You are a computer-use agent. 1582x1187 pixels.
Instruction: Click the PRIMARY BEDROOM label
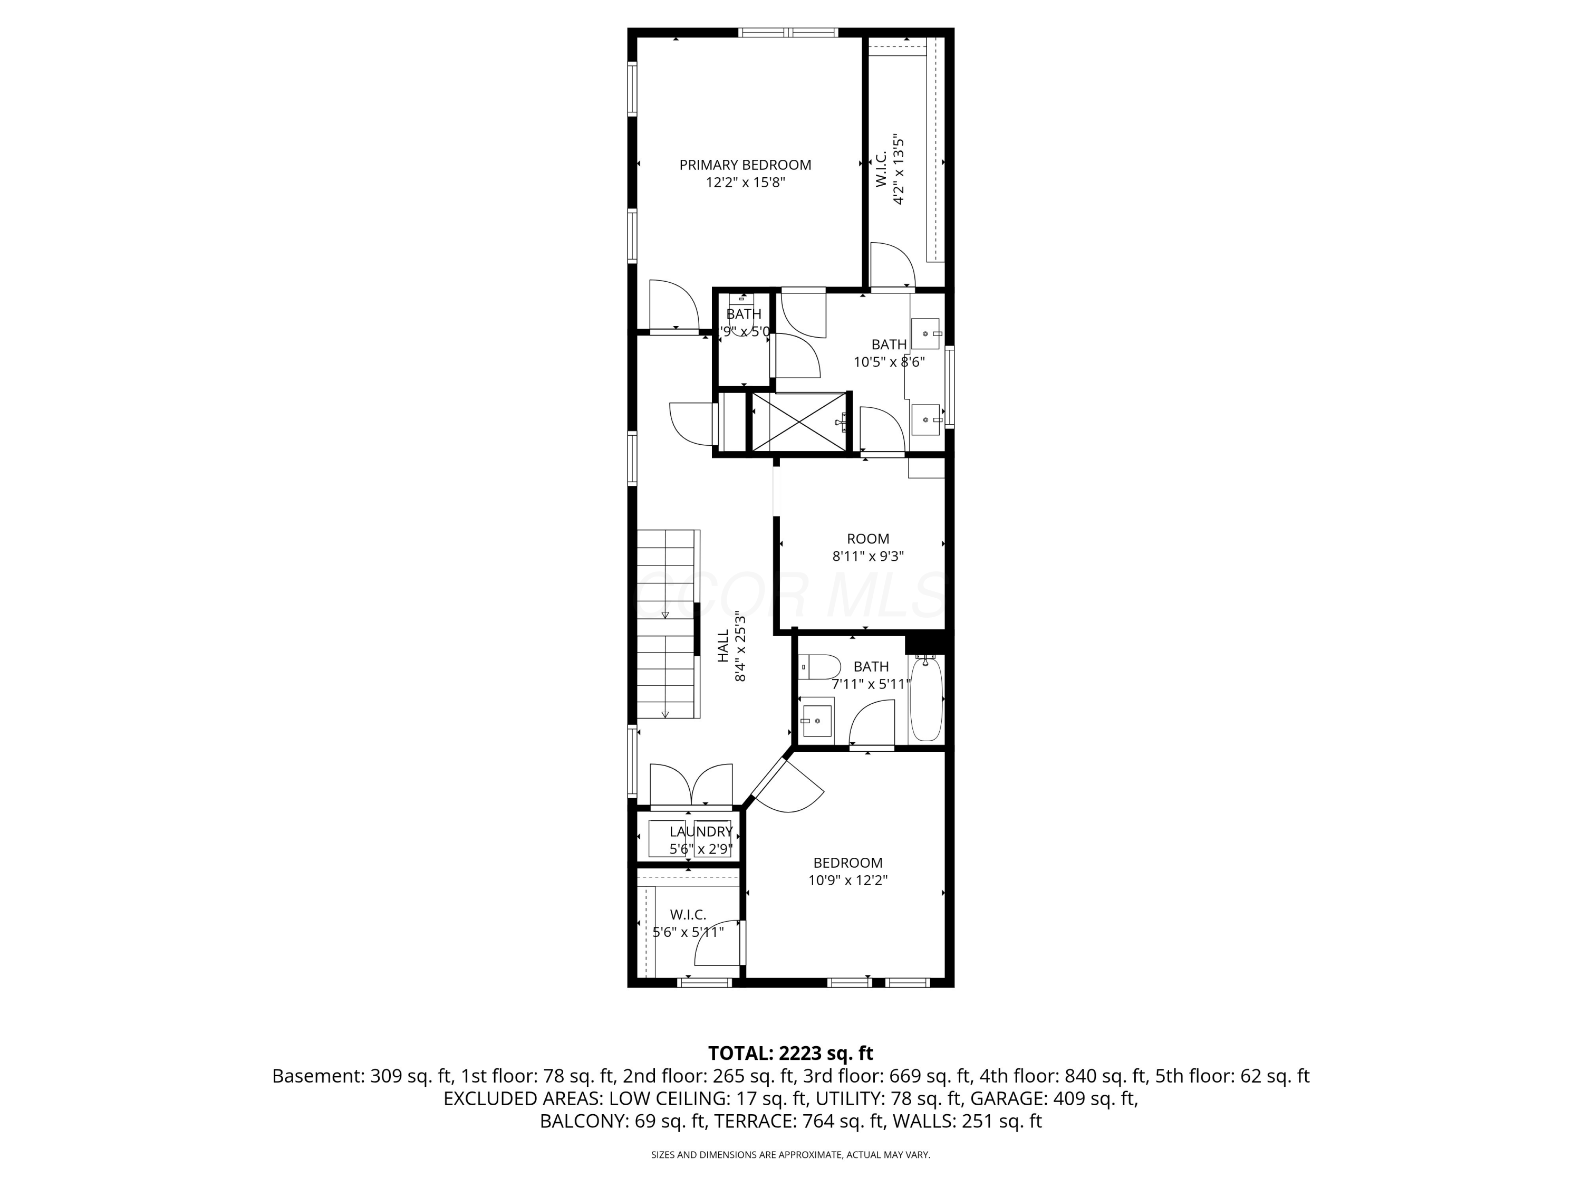tap(745, 165)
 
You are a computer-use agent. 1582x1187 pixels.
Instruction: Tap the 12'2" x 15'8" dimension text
tap(745, 183)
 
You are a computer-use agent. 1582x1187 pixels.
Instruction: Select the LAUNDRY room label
tap(701, 831)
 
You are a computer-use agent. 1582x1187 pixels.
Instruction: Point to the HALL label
tap(723, 645)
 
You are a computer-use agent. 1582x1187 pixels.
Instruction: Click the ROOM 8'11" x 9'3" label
tap(867, 548)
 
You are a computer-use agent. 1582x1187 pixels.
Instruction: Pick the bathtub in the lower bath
tap(926, 699)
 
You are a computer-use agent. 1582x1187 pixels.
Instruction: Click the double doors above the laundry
tap(691, 786)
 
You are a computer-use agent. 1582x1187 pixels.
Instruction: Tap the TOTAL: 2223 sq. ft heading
tap(790, 1053)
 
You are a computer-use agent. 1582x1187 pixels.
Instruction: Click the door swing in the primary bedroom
tap(674, 306)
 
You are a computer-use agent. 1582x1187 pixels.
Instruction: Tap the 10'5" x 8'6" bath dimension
tap(889, 362)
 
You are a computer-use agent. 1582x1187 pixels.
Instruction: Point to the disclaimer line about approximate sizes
tap(790, 1155)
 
